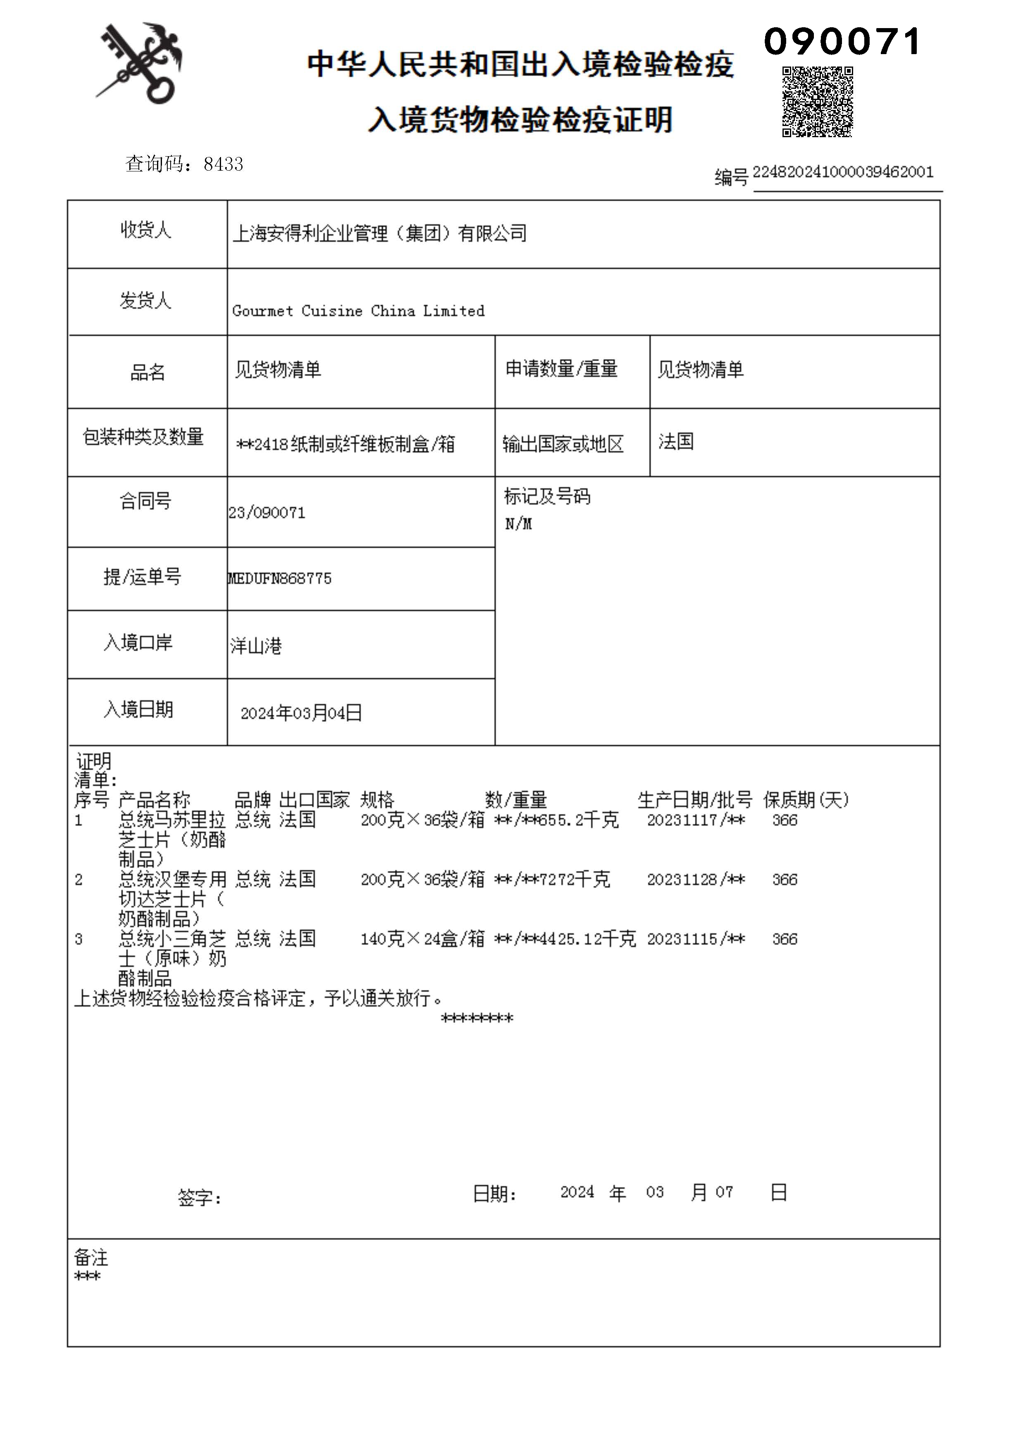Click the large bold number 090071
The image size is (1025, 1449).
pyautogui.click(x=842, y=42)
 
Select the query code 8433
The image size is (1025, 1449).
pyautogui.click(x=224, y=164)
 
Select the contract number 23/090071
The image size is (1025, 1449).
pyautogui.click(x=267, y=512)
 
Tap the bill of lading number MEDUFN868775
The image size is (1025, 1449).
pyautogui.click(x=280, y=578)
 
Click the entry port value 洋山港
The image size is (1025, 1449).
pyautogui.click(x=256, y=646)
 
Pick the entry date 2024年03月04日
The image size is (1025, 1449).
pyautogui.click(x=301, y=713)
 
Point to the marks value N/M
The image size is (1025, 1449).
pyautogui.click(x=518, y=524)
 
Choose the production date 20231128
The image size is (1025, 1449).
pyautogui.click(x=682, y=879)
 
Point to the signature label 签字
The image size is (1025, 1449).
pyautogui.click(x=200, y=1197)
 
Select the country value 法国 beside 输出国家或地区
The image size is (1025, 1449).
pyautogui.click(x=676, y=441)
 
